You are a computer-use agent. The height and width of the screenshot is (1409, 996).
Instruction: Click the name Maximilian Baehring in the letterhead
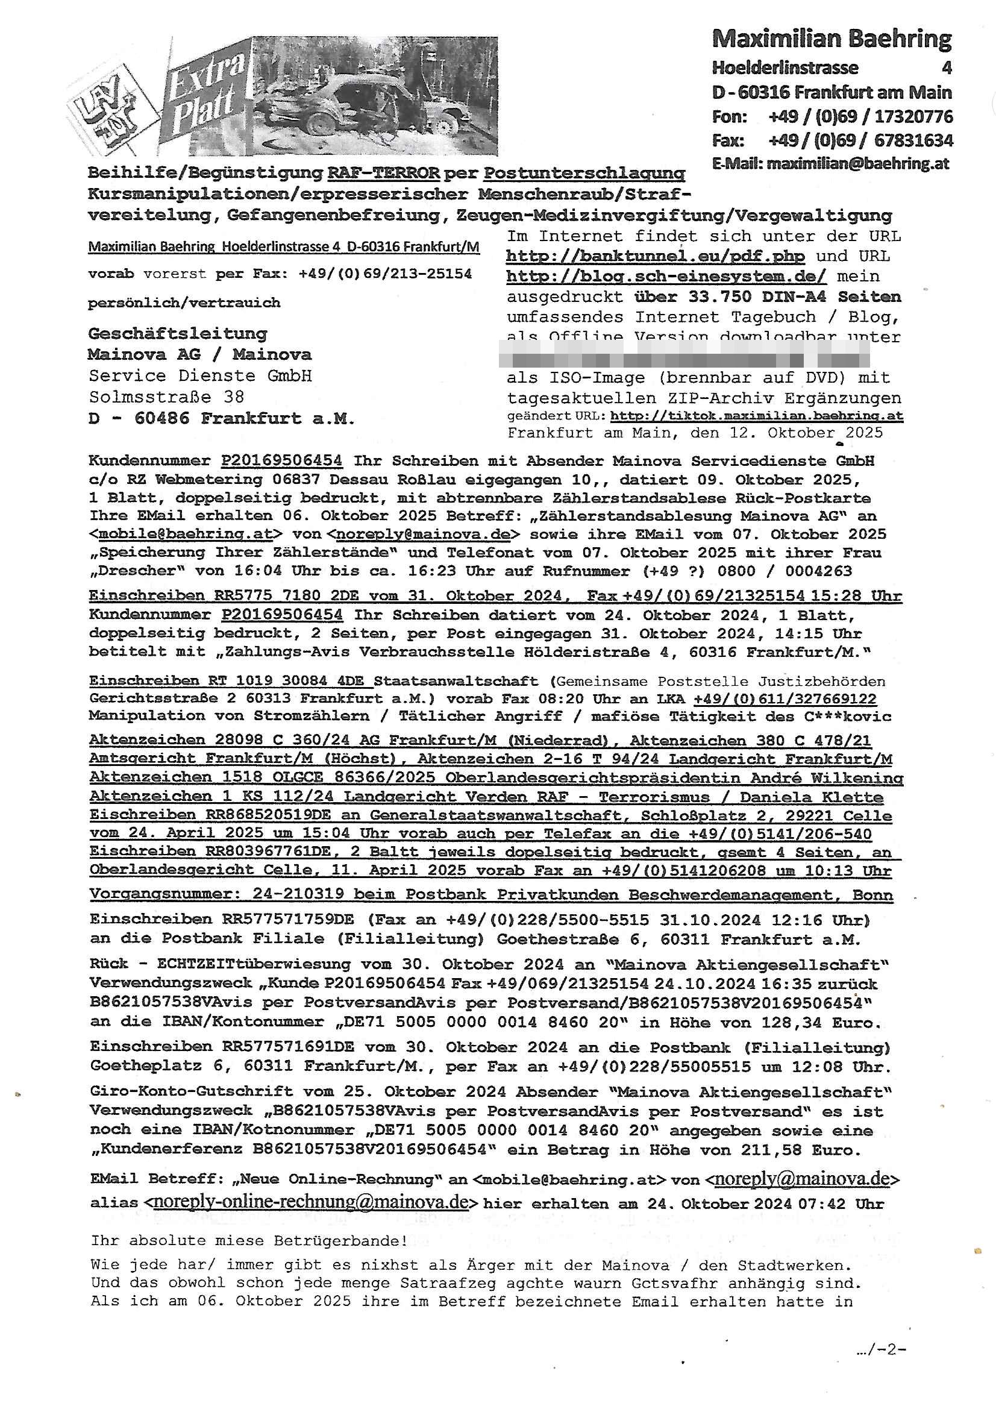832,39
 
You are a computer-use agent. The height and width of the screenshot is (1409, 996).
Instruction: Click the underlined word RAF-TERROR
384,173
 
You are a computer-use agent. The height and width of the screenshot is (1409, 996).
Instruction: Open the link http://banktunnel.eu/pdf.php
655,256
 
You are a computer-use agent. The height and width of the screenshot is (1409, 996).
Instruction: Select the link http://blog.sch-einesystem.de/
666,276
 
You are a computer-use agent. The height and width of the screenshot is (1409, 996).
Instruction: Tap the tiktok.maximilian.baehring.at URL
757,415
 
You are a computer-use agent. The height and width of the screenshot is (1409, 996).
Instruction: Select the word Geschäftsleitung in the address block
178,334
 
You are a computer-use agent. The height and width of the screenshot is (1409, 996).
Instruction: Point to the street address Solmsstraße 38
166,397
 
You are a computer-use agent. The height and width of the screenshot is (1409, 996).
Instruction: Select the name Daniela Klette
811,797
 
